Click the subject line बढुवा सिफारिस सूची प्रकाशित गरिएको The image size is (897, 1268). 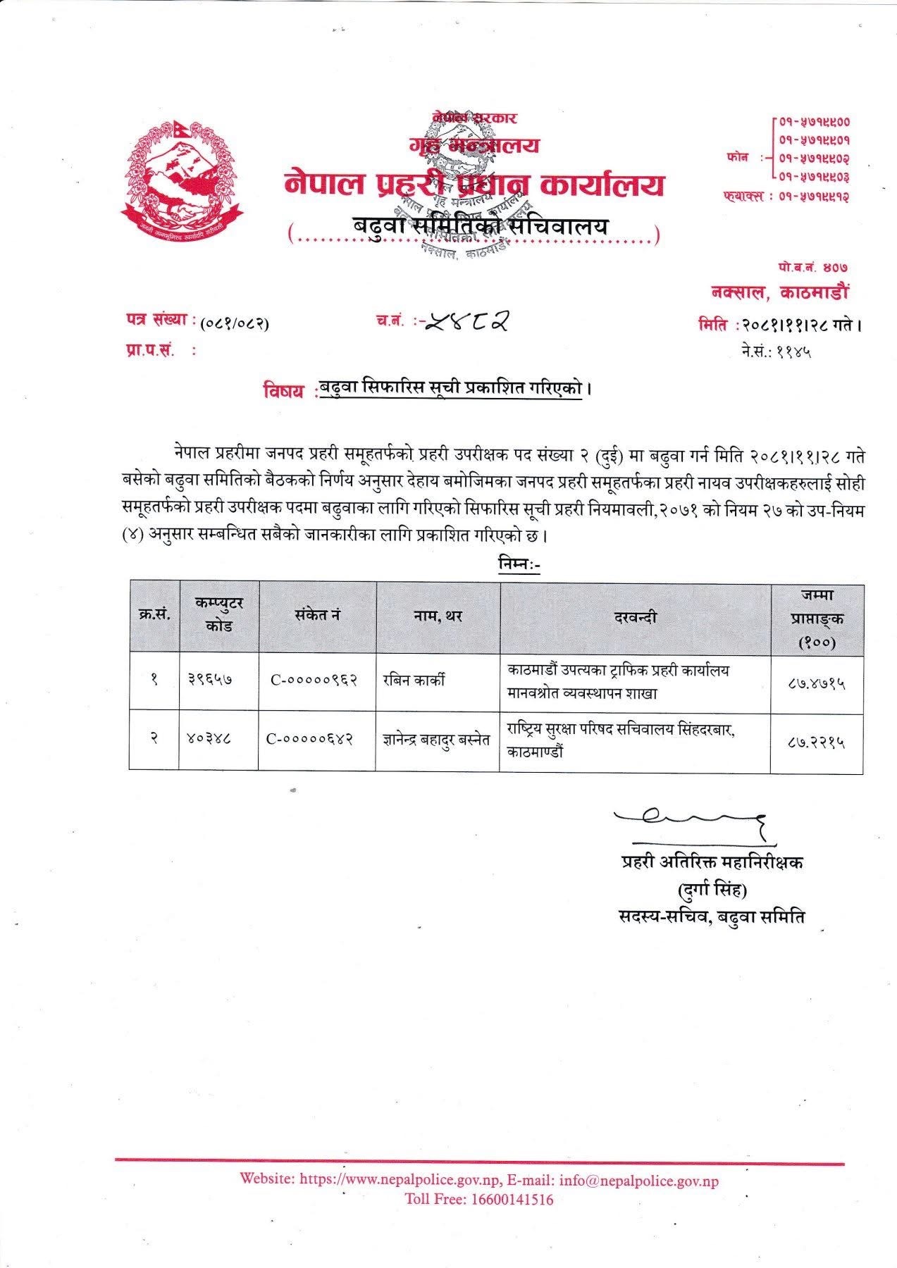[x=451, y=389]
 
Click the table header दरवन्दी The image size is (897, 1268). [x=635, y=617]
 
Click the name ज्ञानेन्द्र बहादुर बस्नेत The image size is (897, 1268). [x=436, y=740]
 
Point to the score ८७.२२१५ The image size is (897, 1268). [x=817, y=741]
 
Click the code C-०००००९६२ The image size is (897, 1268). [x=314, y=680]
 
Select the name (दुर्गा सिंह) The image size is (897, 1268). [x=711, y=890]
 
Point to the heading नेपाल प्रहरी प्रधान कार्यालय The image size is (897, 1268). [x=474, y=185]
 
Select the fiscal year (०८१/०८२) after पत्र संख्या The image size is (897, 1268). [x=235, y=324]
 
